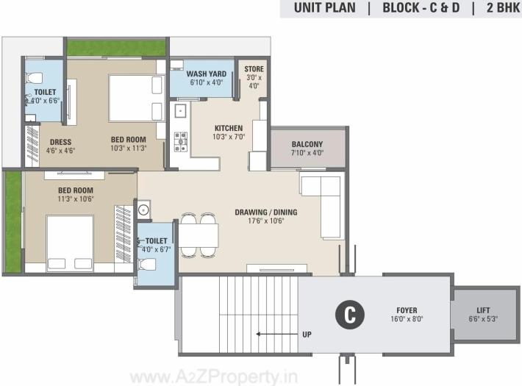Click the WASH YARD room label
205,74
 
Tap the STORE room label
254,69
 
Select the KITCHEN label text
229,126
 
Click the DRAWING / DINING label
265,212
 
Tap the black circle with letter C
350,315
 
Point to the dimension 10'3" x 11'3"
129,149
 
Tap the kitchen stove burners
180,141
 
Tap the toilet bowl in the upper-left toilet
32,77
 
